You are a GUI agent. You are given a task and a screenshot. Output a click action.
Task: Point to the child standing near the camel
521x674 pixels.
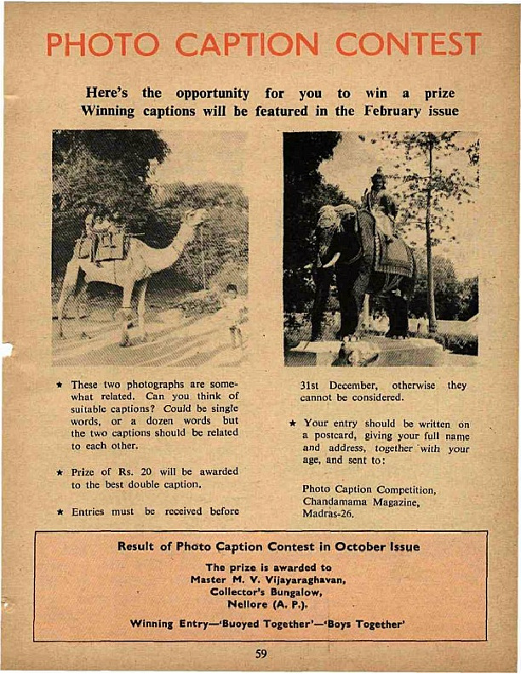pos(232,314)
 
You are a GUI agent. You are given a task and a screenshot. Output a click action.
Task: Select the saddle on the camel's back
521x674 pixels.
pos(106,243)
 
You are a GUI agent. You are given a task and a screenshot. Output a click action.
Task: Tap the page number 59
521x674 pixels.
pos(261,654)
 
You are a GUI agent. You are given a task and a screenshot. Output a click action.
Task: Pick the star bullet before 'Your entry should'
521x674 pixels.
pos(291,422)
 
